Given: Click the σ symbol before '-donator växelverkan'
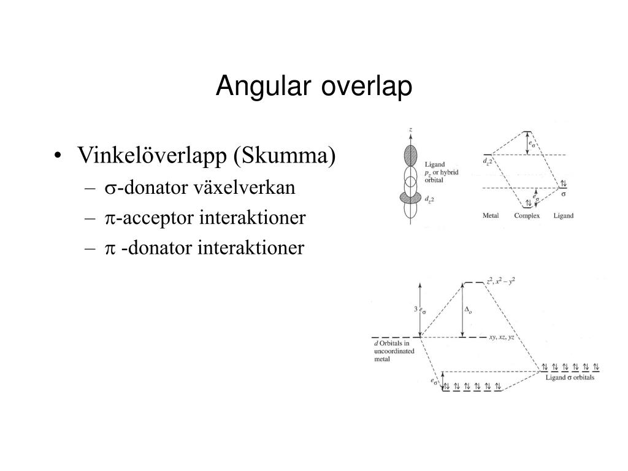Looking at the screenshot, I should click(x=110, y=188).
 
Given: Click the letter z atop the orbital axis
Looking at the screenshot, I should click(x=410, y=129).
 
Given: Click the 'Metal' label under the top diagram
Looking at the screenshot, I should click(x=491, y=216).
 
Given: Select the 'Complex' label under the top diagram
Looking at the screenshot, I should click(x=526, y=216).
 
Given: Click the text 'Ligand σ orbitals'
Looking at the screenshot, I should click(x=570, y=377).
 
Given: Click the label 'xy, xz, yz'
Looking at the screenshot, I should click(x=501, y=337).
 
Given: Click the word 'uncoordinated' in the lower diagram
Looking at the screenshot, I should click(x=394, y=351).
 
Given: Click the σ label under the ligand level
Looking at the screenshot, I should click(x=564, y=194).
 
